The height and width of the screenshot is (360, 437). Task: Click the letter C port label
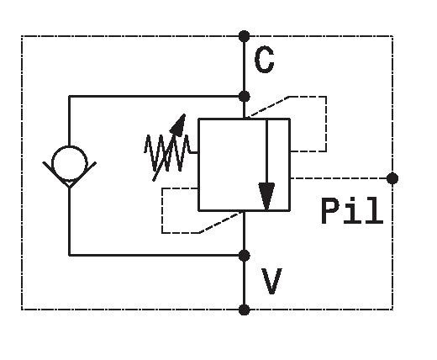(x=264, y=60)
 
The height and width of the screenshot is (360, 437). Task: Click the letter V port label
(x=271, y=281)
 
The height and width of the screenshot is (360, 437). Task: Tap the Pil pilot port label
(x=352, y=210)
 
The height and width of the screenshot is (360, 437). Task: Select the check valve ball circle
(x=70, y=163)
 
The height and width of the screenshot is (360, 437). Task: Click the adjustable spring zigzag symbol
(x=167, y=153)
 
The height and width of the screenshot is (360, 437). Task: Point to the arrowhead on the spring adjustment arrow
(x=178, y=125)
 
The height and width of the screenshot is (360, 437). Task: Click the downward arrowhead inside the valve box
(x=266, y=196)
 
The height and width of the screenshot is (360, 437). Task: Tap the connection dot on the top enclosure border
(x=244, y=36)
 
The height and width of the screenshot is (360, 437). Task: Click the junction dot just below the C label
(x=244, y=97)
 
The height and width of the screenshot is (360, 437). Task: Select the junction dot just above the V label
(x=244, y=256)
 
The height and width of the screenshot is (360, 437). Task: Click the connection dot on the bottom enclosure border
(x=244, y=310)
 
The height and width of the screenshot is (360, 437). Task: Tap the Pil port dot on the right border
(x=392, y=178)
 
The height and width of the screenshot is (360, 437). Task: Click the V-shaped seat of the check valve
(x=70, y=174)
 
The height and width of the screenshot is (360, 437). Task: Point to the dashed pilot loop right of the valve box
(x=326, y=124)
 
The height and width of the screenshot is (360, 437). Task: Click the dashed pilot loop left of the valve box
(x=162, y=210)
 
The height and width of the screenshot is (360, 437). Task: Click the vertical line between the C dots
(x=244, y=66)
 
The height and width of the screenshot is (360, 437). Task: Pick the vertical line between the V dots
(x=244, y=283)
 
